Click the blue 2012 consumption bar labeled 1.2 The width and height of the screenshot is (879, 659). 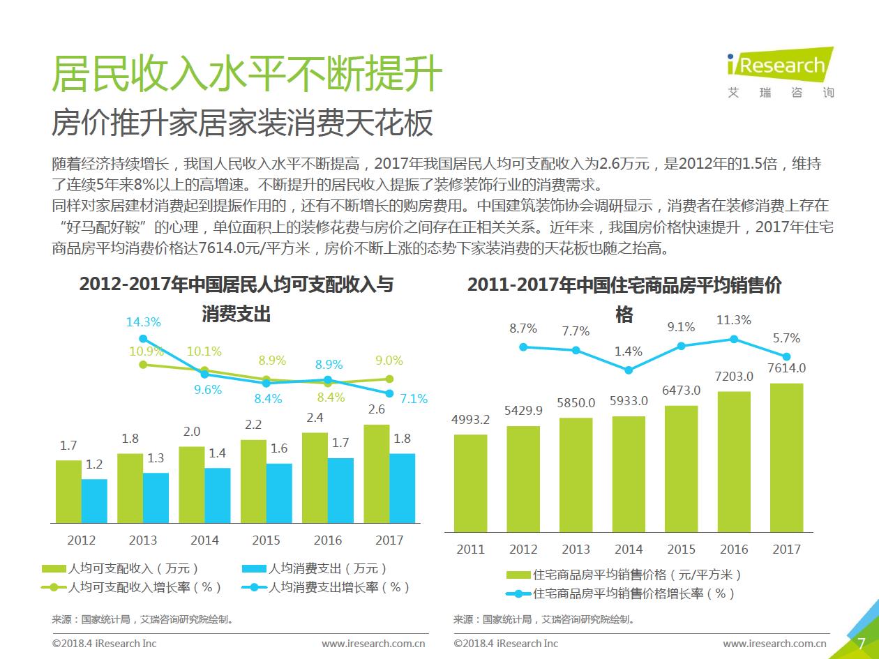tap(94, 501)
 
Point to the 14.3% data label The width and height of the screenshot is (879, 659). tap(144, 322)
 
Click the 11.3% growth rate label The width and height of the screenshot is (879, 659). tap(733, 320)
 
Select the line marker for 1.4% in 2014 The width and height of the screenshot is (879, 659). tap(629, 370)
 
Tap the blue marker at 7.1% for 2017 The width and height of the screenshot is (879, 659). tap(389, 393)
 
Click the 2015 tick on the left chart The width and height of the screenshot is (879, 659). tap(266, 540)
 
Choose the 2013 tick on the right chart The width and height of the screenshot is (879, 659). tap(576, 550)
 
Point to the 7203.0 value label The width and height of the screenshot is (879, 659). tap(734, 377)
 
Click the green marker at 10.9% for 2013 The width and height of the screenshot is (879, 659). tap(144, 364)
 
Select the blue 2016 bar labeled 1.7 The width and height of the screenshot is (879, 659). tap(340, 490)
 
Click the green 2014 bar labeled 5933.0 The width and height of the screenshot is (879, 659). tap(629, 474)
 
